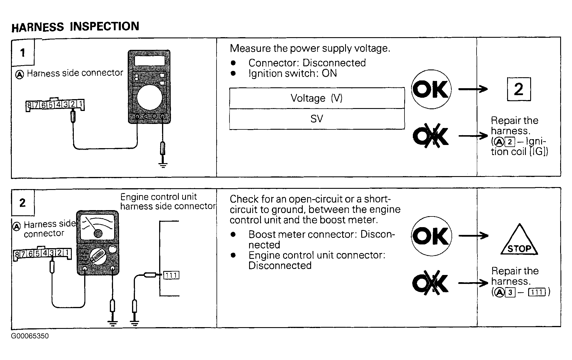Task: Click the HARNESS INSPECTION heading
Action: [x=75, y=27]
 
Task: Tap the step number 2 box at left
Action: [x=23, y=203]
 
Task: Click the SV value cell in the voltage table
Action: [x=317, y=119]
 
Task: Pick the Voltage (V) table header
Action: [x=317, y=98]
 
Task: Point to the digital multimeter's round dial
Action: [x=150, y=97]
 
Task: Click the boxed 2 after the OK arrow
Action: [x=519, y=89]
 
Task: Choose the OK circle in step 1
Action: [x=431, y=89]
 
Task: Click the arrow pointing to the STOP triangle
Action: [x=473, y=236]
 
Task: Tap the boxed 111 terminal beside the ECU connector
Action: [x=171, y=275]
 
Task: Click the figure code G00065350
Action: [x=30, y=336]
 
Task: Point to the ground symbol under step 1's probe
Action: [x=163, y=165]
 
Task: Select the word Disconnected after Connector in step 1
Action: [x=334, y=63]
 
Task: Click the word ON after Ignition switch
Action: [x=329, y=73]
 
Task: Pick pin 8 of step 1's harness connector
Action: [x=29, y=105]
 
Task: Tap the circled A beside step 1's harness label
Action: [x=19, y=75]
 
